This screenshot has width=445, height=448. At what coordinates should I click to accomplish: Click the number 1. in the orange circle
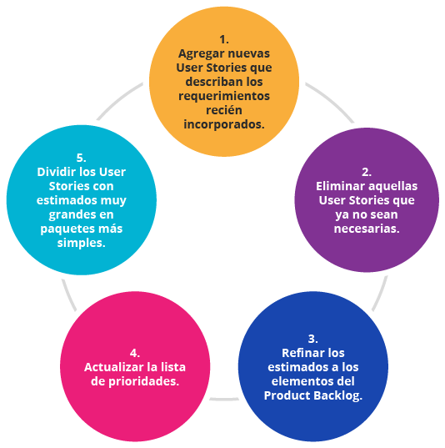pos(224,39)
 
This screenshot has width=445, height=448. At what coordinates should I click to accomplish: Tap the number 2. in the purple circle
pos(367,172)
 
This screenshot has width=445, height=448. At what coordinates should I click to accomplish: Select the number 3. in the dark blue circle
pos(312,339)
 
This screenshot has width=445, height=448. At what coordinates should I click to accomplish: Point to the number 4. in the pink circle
pos(135,353)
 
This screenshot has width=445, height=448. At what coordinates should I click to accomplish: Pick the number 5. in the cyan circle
pos(82,158)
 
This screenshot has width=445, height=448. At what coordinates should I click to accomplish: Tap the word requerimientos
pos(224,96)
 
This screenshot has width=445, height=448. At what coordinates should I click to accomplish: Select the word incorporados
pos(224,124)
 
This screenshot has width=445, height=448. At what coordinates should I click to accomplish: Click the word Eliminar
pos(339,186)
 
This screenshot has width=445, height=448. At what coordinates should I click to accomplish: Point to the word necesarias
pos(367,229)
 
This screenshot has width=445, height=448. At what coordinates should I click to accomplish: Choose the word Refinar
pos(300,353)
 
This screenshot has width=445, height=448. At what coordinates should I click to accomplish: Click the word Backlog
pos(337,395)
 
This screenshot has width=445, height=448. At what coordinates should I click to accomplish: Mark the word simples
pos(82,243)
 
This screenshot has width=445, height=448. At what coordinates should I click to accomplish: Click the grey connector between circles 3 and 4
pos(224,399)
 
